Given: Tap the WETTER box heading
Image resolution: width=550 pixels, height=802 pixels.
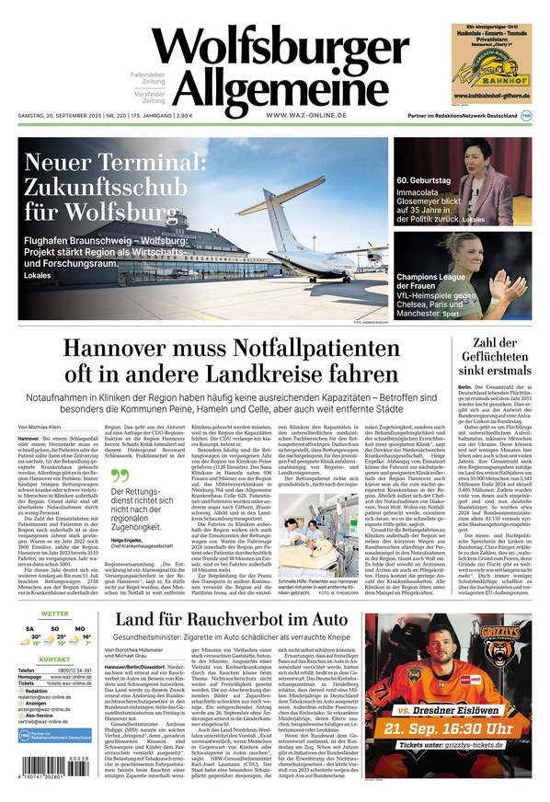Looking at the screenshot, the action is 54,613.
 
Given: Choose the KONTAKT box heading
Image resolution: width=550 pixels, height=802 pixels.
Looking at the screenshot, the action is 54,685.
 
